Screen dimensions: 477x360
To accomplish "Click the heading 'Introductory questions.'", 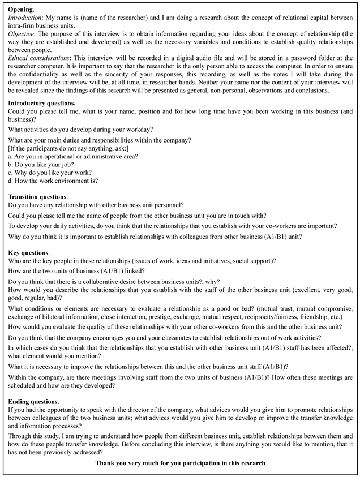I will pos(41,103).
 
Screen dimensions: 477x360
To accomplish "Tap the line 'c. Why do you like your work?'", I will pos(50,173).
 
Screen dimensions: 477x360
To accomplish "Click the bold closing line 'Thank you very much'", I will pos(180,463).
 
